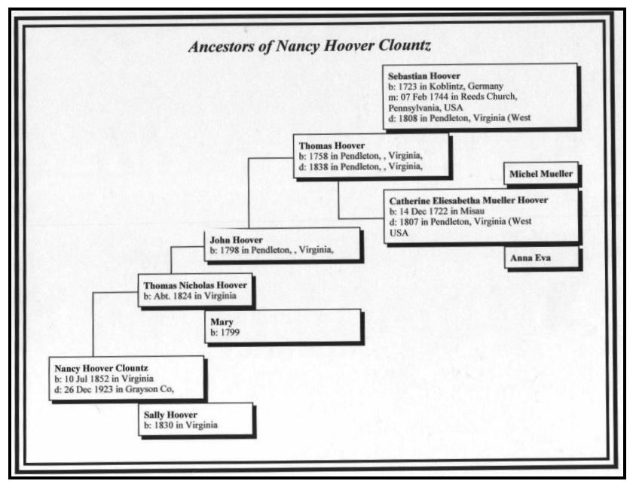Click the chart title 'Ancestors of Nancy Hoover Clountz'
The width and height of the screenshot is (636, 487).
[x=310, y=46]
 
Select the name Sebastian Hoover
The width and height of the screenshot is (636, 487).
[x=423, y=76]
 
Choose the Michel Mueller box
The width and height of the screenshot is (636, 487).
[x=541, y=174]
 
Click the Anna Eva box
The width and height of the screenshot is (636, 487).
[x=541, y=257]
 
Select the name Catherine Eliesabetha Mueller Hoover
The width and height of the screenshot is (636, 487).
[x=469, y=200]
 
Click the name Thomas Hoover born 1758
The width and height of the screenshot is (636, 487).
[x=332, y=145]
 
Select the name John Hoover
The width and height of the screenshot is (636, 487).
[x=236, y=240]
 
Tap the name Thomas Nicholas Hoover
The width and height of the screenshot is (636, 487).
[x=195, y=285]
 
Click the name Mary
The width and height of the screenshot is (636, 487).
[x=222, y=322]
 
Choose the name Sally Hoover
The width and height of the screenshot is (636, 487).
[x=170, y=415]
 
